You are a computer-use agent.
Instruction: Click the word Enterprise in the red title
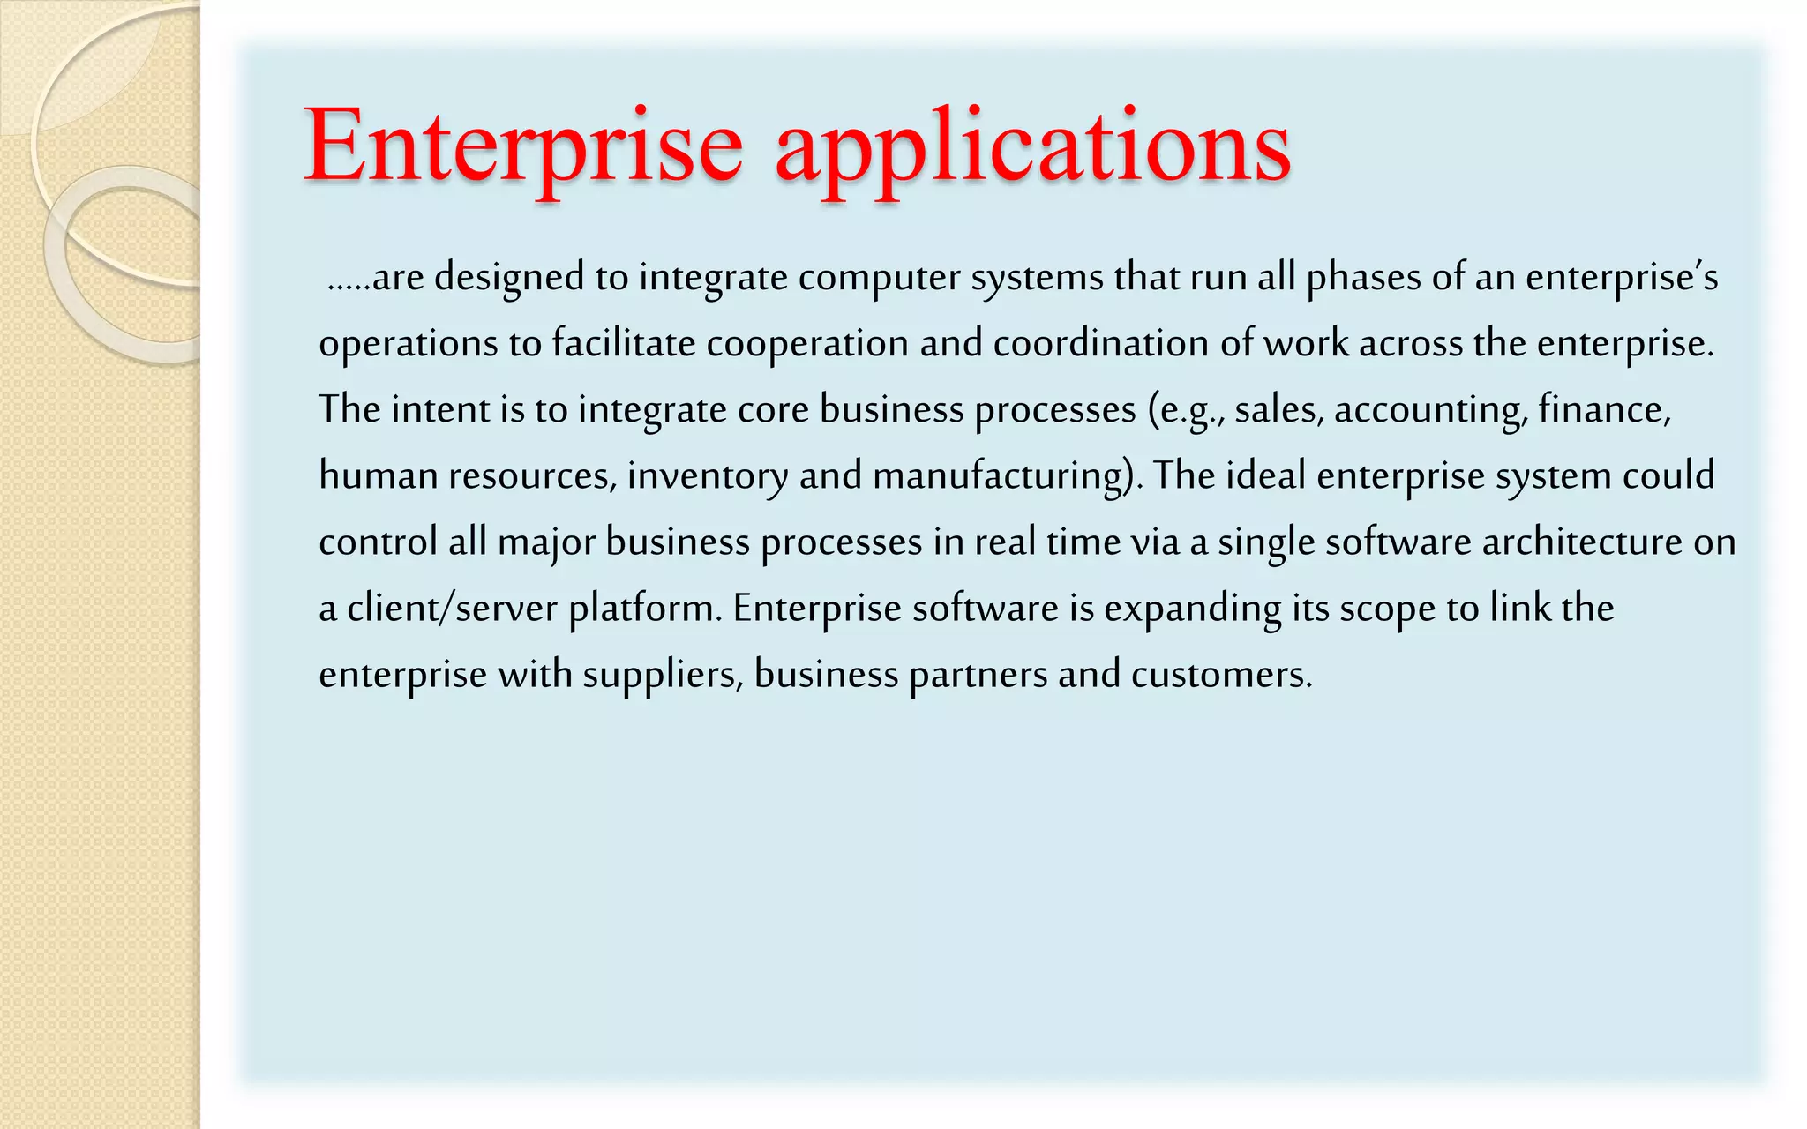coord(523,146)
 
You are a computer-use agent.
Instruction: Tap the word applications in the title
coord(1032,146)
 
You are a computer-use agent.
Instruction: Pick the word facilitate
coord(624,344)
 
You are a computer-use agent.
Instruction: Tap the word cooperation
coord(807,344)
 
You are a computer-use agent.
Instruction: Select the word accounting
coord(1430,410)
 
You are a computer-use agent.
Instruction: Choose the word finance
coord(1603,410)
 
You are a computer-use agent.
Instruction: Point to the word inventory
coord(708,476)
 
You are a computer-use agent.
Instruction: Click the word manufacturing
coord(1001,476)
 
